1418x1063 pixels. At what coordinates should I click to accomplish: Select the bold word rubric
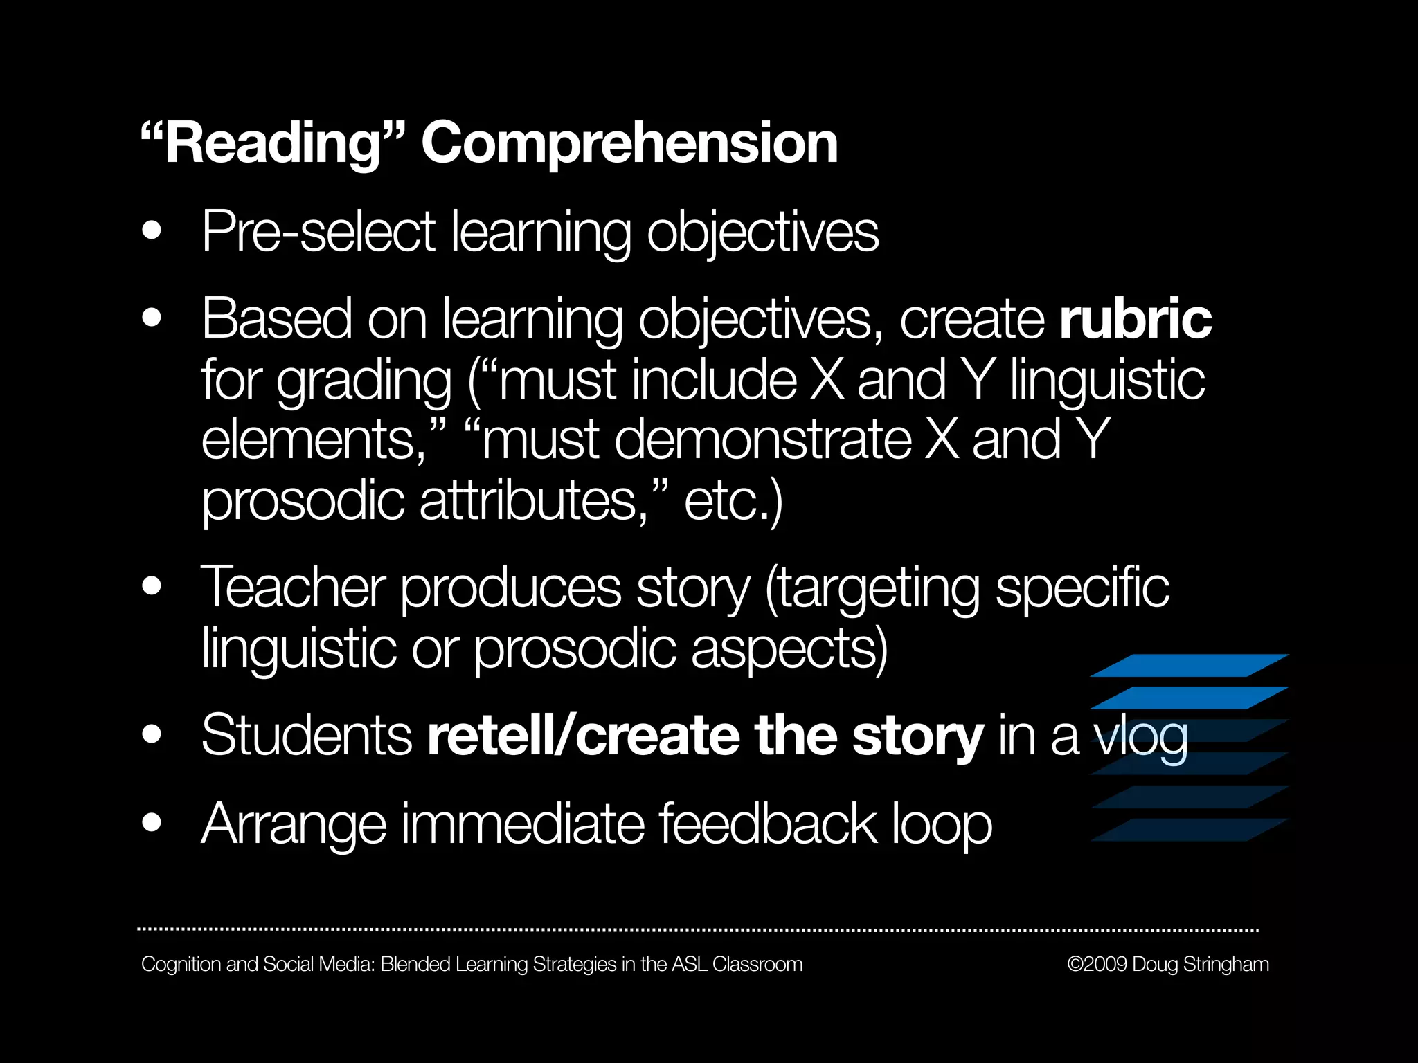(x=1135, y=319)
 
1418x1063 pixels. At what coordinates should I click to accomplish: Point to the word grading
(x=364, y=381)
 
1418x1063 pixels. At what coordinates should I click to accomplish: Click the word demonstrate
(x=762, y=440)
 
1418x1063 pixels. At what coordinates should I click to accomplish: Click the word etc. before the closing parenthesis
(x=727, y=500)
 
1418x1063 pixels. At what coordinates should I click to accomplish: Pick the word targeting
(x=872, y=588)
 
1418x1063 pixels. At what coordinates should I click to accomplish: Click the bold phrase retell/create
(x=583, y=736)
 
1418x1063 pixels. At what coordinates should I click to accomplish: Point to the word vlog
(x=1140, y=737)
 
